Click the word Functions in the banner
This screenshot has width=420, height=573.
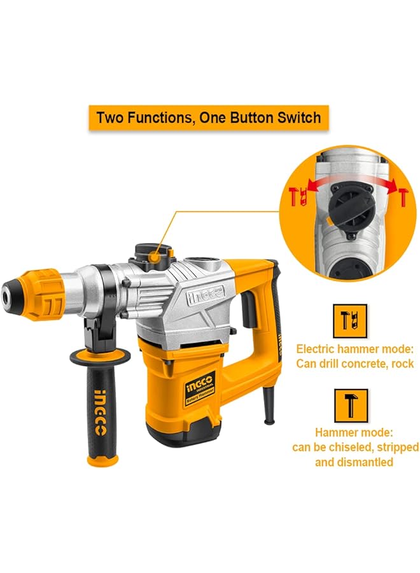[x=155, y=118]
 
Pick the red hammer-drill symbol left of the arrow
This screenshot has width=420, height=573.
[x=296, y=197]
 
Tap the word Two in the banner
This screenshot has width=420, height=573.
[x=111, y=118]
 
